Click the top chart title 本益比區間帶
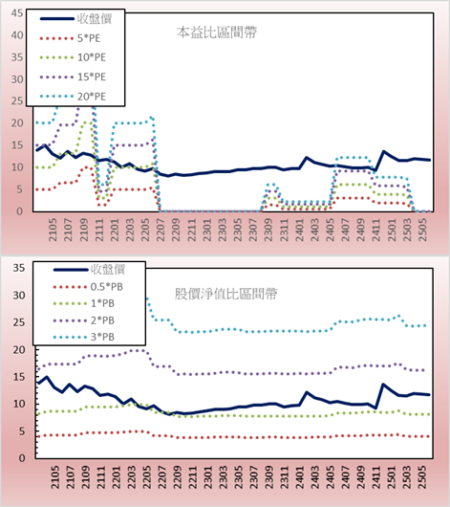(217, 33)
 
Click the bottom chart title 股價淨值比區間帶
(225, 294)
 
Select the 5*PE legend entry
(70, 38)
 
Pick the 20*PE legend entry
(73, 97)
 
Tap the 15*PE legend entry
(73, 77)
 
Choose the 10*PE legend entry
(73, 57)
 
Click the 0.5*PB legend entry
(88, 287)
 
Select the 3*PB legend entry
(84, 337)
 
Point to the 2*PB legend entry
(84, 320)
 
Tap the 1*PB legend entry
(84, 303)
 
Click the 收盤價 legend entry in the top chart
(75, 19)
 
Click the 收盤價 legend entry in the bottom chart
(89, 270)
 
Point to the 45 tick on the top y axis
(17, 13)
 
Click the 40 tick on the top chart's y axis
(17, 35)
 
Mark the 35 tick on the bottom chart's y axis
(19, 268)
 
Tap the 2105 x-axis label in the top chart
(53, 230)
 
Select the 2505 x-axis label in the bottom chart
(422, 477)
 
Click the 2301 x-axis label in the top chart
(206, 230)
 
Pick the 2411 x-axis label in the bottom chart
(376, 477)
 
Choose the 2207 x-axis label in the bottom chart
(162, 477)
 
